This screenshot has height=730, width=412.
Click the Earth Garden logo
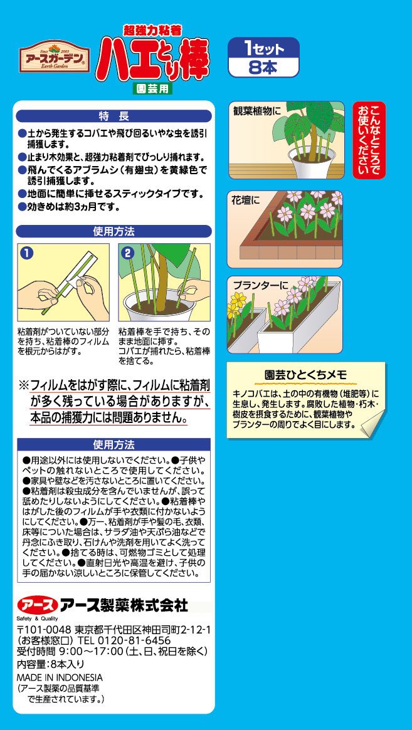coord(55,57)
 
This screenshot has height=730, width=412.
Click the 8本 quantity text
coord(263,67)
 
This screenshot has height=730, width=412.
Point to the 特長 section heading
coord(114,116)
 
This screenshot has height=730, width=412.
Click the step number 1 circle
coord(28,253)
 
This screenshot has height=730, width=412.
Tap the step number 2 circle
coord(128,253)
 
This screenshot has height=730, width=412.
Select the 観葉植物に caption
coord(258,111)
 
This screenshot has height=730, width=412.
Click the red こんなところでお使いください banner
coord(369,140)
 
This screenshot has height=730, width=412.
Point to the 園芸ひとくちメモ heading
coord(306,375)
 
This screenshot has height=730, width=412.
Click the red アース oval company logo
coord(38,606)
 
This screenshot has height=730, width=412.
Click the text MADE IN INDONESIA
coord(60,677)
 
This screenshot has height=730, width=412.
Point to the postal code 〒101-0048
coord(44,630)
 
